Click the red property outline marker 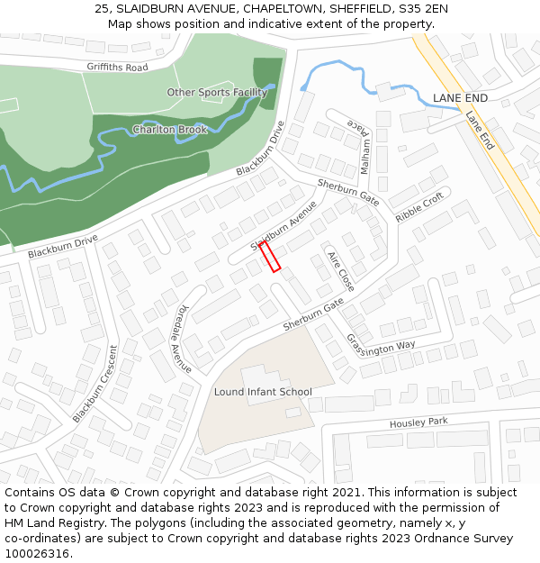point(270,256)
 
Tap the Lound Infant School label point(263,392)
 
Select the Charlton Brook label point(170,130)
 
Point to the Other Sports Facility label point(217,92)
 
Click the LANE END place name point(460,97)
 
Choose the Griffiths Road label point(117,68)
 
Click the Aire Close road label point(340,270)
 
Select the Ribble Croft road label point(419,207)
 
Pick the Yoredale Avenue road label point(184,338)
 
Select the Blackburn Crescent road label point(95,384)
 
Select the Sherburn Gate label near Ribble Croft point(349,190)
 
